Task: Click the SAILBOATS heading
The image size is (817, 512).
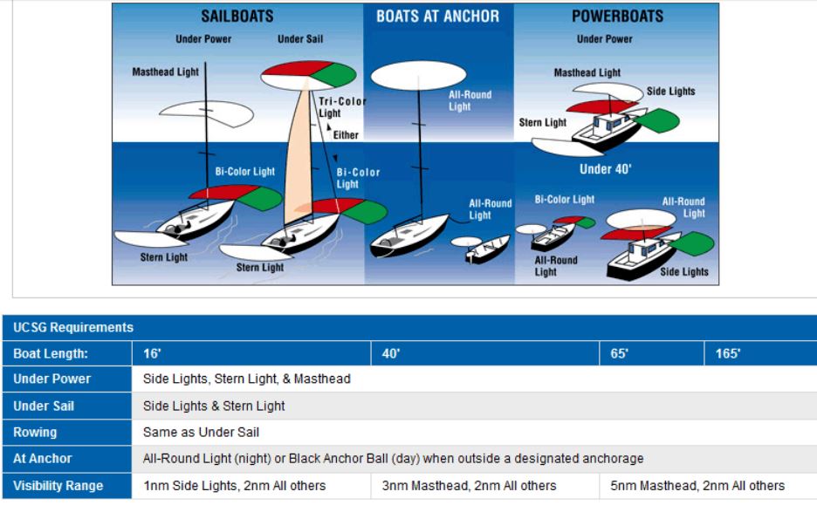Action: click(x=237, y=17)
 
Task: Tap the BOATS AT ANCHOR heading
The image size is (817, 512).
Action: click(x=437, y=17)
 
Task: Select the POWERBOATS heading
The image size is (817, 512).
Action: click(x=617, y=17)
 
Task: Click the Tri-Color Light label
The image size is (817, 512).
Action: click(x=342, y=106)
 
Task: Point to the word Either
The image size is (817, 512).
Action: click(x=346, y=135)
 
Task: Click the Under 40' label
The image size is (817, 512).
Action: click(x=606, y=168)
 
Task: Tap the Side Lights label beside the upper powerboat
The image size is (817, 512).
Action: click(x=670, y=92)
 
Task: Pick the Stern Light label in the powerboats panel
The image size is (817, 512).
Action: click(x=542, y=122)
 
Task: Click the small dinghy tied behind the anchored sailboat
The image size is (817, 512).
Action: click(x=487, y=250)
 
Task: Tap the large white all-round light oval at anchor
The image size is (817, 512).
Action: click(x=418, y=76)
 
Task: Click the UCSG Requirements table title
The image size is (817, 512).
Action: click(x=73, y=328)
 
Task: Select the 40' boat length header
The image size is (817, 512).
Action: click(x=391, y=353)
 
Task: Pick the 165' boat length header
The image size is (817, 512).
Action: click(x=728, y=353)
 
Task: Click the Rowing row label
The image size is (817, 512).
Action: click(x=35, y=433)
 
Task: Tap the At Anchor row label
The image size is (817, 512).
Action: click(x=42, y=458)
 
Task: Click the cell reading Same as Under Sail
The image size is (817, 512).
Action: click(x=201, y=433)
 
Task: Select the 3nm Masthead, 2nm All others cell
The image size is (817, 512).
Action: click(x=469, y=486)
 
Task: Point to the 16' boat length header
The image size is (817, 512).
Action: click(x=152, y=353)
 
